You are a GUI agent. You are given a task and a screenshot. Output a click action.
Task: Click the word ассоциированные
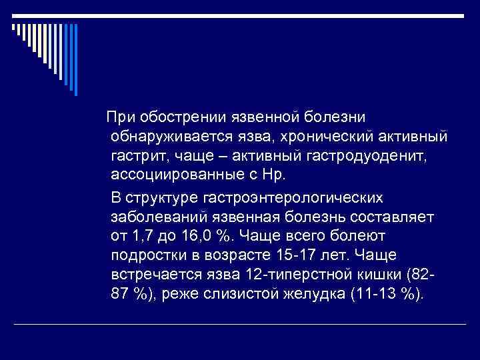[176, 176]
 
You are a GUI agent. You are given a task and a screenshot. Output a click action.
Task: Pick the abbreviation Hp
[273, 176]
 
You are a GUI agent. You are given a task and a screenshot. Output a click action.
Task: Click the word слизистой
[233, 295]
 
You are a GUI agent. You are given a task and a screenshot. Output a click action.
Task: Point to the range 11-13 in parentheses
[377, 295]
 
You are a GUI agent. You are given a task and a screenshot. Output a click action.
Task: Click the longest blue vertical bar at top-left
[75, 61]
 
